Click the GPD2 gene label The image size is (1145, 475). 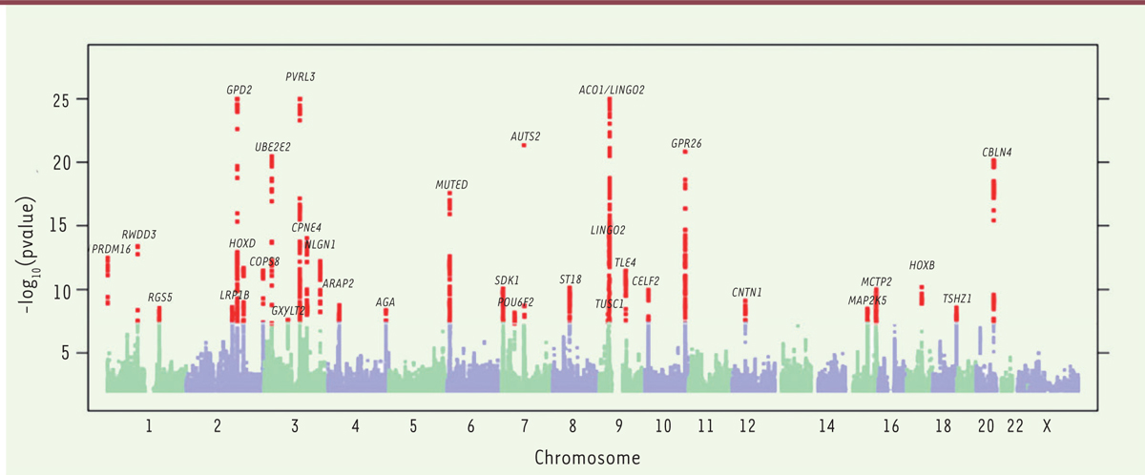[x=239, y=90]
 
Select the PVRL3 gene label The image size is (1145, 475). [x=301, y=76]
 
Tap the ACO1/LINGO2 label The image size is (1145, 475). [x=612, y=90]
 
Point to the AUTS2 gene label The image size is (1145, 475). [x=525, y=136]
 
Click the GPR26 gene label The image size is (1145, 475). [x=686, y=143]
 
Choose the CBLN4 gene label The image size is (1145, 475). [x=997, y=152]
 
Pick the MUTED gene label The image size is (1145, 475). [x=451, y=184]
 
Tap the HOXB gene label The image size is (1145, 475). [x=922, y=265]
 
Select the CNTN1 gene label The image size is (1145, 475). [x=747, y=292]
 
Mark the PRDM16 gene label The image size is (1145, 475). [x=111, y=249]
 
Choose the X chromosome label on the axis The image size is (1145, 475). [x=1047, y=424]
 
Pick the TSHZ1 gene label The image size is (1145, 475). [x=957, y=299]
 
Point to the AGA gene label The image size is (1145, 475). [x=385, y=302]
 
